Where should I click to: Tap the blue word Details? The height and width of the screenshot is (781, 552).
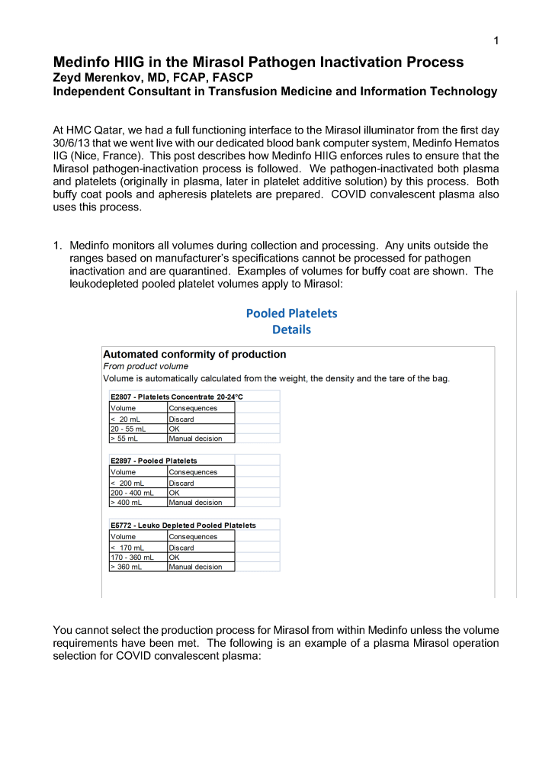coord(291,330)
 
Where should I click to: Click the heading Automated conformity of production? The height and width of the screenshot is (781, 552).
coord(194,355)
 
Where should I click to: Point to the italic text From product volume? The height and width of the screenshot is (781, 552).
coord(146,367)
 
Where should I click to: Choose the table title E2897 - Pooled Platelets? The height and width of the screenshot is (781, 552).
coord(154,461)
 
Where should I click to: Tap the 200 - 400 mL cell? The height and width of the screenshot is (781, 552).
coord(132,493)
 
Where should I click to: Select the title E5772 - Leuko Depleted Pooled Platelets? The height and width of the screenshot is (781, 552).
coord(183,525)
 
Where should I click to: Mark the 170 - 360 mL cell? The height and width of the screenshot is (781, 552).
coord(132,558)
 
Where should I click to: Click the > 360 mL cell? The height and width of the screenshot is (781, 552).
coord(127,567)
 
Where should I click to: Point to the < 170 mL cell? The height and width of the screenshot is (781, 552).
coord(128,548)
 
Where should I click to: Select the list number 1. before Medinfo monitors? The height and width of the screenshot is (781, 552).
coord(58,246)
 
